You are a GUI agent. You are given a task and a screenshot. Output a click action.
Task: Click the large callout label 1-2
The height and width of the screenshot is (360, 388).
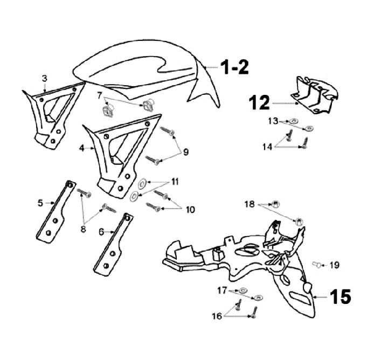[234, 67]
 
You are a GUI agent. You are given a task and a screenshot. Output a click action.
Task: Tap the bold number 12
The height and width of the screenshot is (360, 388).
[259, 103]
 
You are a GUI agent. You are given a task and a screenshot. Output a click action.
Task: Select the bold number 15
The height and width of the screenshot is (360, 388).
[341, 296]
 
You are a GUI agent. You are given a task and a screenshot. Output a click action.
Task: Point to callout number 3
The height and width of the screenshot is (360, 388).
[45, 79]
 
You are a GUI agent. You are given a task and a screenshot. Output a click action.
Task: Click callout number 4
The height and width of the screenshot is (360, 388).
[82, 148]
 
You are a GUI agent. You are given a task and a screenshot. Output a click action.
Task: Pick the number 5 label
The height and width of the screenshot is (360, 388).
[40, 203]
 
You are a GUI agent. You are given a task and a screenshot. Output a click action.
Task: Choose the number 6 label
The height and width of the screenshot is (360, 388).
[101, 232]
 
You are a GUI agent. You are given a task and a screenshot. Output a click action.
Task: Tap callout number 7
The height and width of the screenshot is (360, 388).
[100, 95]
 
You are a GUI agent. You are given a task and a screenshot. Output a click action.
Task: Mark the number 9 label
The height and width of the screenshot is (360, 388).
[186, 152]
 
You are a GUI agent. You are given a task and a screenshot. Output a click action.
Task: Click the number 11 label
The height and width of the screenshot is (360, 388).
[175, 182]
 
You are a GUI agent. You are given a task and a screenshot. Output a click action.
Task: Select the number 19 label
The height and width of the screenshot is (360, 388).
[335, 265]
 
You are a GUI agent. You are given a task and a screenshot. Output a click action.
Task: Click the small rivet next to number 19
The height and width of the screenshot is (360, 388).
[317, 265]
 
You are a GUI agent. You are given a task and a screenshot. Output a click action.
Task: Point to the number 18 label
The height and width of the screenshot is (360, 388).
[250, 204]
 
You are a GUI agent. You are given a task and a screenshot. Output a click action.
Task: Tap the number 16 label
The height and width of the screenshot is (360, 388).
[217, 316]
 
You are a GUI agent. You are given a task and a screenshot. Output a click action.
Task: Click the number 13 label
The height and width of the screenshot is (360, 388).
[273, 121]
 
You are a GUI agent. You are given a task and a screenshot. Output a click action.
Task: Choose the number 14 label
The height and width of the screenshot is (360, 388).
[267, 147]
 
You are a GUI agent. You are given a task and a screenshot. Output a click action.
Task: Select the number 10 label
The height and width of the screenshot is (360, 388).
[190, 210]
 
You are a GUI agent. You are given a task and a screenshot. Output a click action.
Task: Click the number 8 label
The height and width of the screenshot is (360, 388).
[83, 229]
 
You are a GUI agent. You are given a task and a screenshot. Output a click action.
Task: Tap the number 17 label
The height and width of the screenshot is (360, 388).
[222, 290]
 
